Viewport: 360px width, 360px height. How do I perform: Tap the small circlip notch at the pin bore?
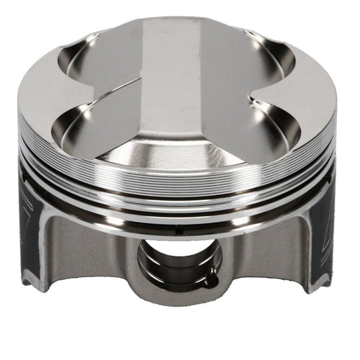211,272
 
